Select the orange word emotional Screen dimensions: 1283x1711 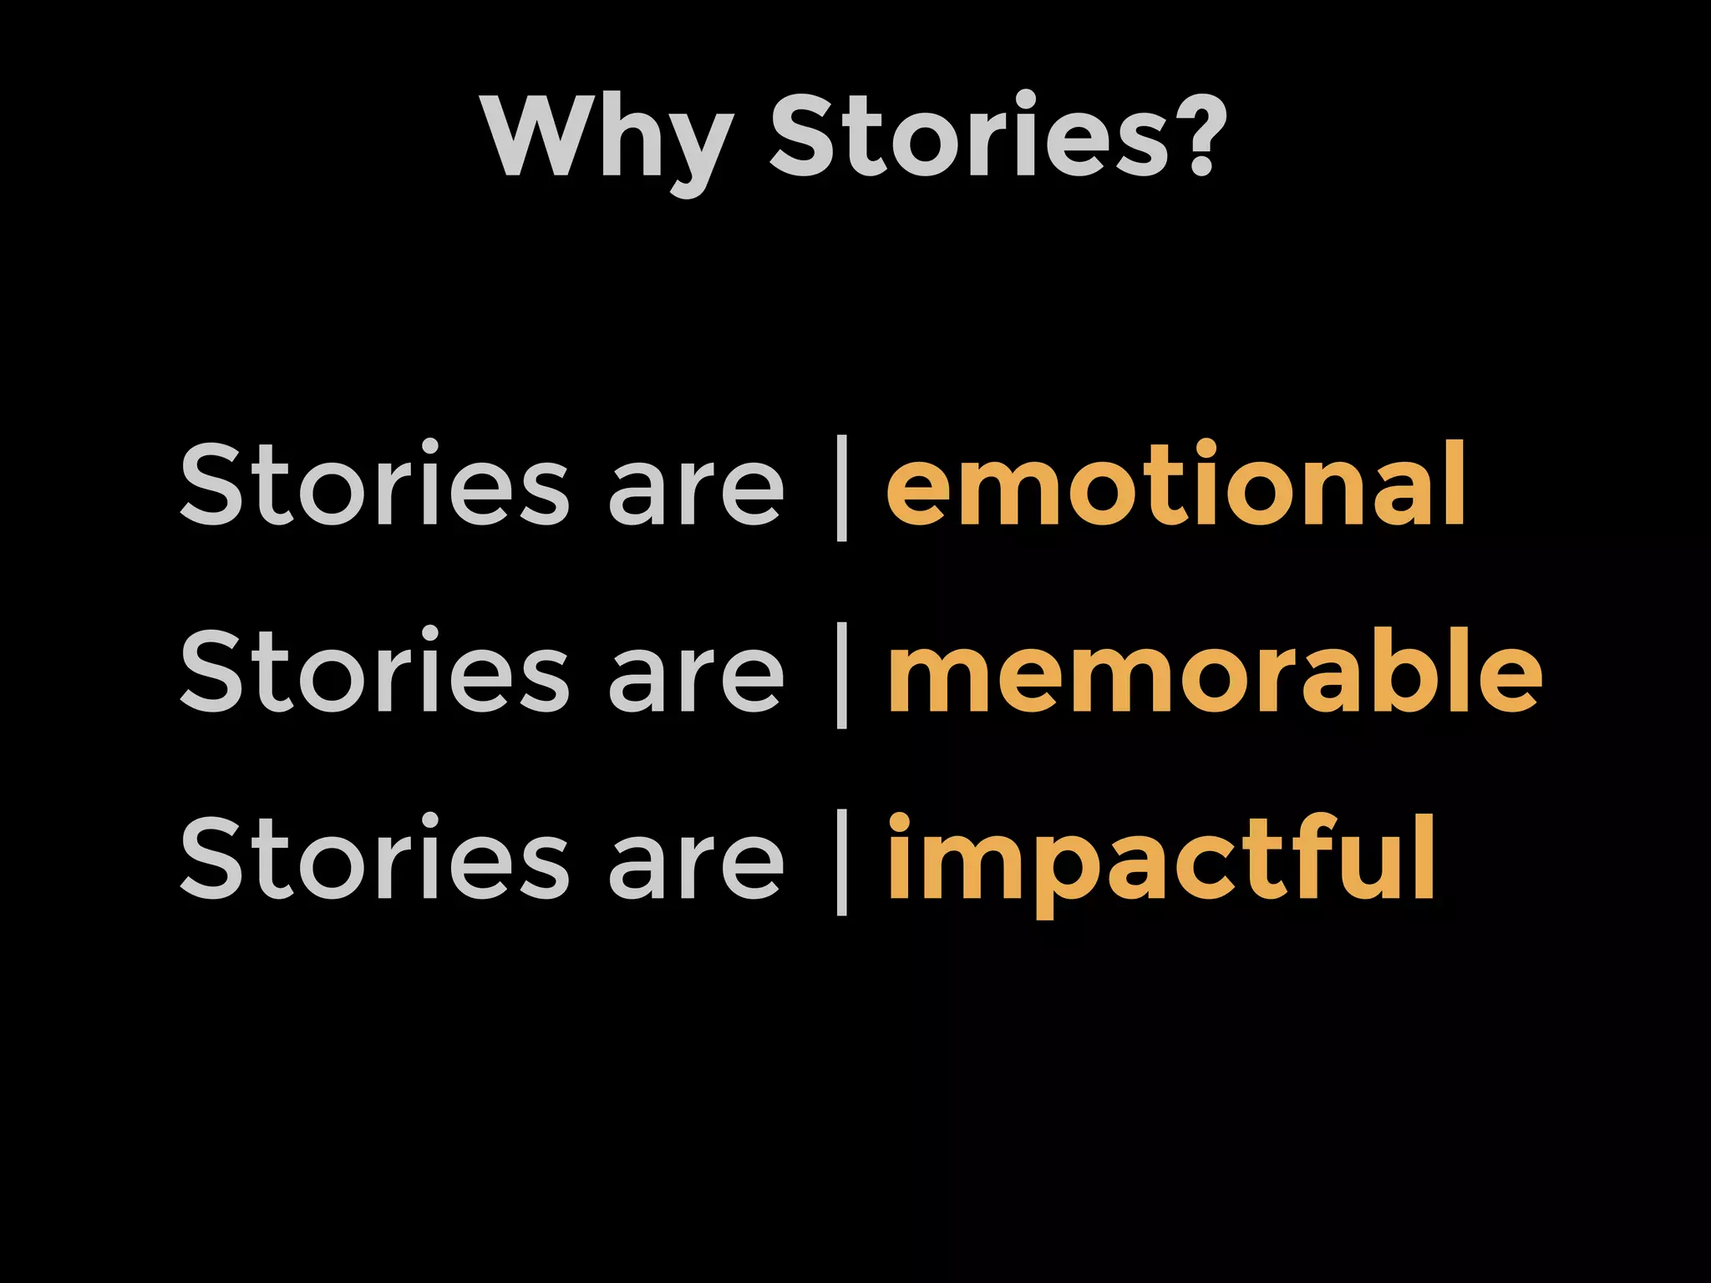1176,484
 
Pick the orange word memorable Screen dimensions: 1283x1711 1215,672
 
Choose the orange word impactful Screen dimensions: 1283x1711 1161,860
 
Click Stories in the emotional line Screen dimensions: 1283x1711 374,484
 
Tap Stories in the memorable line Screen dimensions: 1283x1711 374,672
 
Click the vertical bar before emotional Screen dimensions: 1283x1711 841,488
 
